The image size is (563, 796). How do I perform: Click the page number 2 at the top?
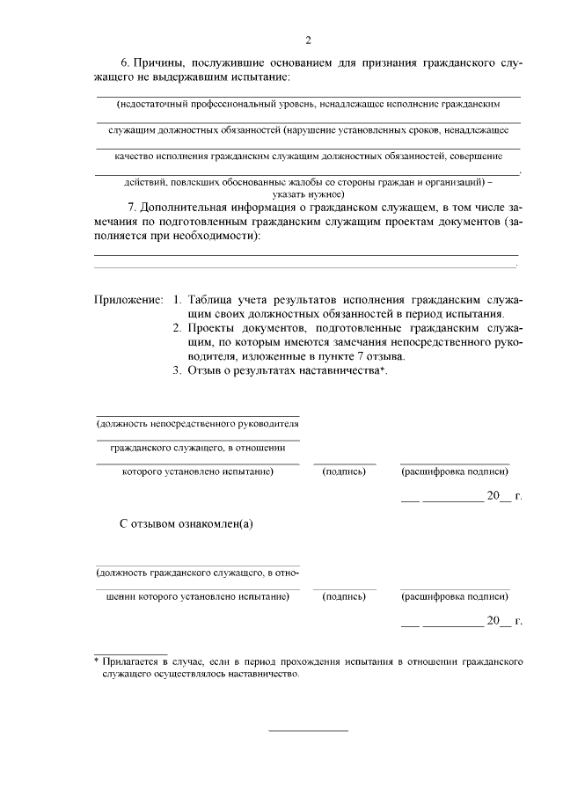coord(308,40)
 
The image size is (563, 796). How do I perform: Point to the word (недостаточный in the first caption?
coord(149,104)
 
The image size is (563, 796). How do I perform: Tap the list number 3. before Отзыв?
coord(176,370)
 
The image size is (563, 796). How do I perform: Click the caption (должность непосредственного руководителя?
coord(197,423)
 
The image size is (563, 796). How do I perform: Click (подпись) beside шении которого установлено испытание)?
coord(344,597)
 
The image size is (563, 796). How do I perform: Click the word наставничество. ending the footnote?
coord(265,675)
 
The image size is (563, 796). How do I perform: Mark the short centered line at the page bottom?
coord(307,730)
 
